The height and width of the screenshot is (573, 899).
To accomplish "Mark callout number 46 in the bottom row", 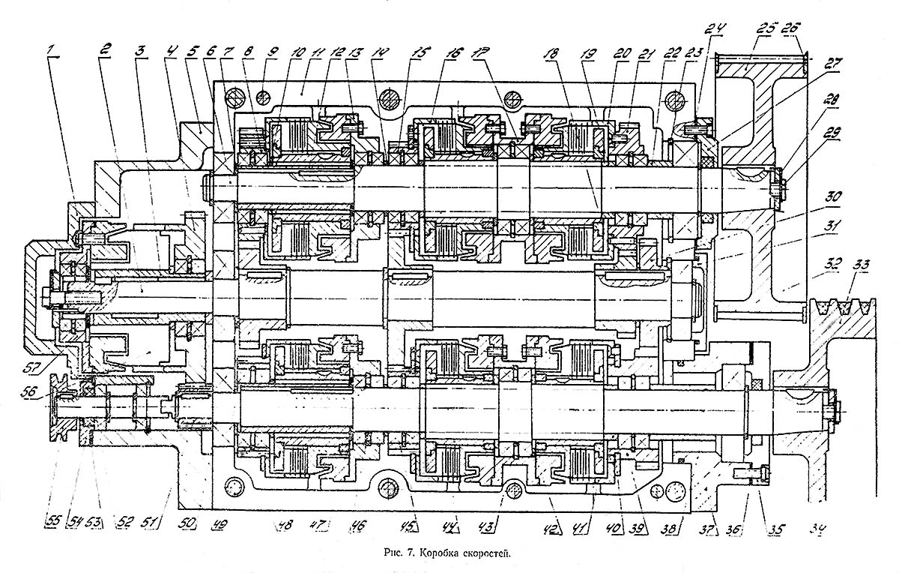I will pyautogui.click(x=356, y=527).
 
